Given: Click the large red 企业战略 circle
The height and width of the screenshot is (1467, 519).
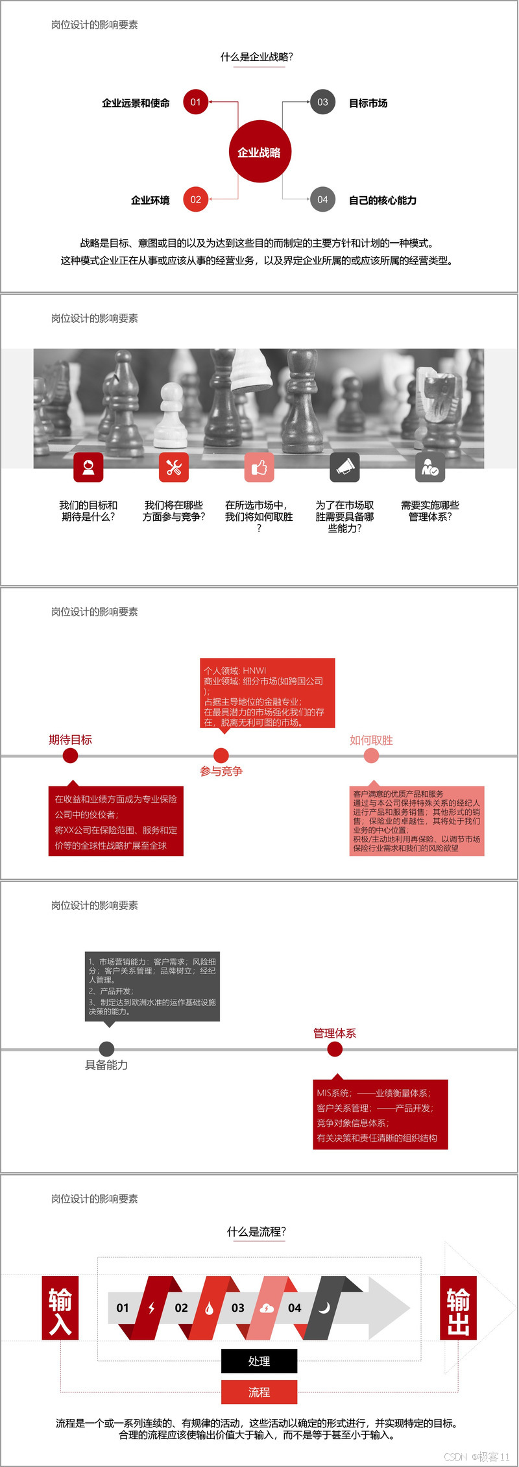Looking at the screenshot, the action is [259, 152].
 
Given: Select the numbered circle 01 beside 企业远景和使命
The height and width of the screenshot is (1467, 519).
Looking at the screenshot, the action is [195, 102].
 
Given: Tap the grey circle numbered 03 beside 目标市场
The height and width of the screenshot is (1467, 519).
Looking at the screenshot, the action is [322, 102].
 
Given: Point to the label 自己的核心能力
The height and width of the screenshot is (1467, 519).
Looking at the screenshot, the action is [383, 200].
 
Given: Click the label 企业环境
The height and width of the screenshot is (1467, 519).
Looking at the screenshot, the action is [150, 200].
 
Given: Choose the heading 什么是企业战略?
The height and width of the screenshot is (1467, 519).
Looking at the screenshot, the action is [257, 57].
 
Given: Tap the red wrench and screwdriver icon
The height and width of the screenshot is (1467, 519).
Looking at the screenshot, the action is [173, 467].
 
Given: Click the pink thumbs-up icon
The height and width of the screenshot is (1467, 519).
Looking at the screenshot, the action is [259, 467].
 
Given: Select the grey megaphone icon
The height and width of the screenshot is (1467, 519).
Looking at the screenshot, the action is [344, 467].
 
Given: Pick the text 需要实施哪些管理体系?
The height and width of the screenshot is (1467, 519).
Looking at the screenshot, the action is [430, 510].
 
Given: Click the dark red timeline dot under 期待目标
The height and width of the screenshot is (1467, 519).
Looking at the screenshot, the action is [70, 755].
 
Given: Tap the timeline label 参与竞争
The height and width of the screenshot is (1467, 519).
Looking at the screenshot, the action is [221, 771].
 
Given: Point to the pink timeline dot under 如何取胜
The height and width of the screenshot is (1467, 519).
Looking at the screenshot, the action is [371, 755].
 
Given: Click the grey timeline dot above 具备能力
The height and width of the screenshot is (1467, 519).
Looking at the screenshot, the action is [106, 1049].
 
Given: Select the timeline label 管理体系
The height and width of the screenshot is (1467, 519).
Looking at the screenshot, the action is [335, 1033].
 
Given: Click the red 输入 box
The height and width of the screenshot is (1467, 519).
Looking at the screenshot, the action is [60, 1308].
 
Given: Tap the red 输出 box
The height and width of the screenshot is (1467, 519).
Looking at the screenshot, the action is [458, 1308].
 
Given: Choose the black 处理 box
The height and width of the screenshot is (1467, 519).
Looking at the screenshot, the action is [259, 1361].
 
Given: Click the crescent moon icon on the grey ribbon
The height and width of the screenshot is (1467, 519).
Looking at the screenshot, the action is [324, 1308].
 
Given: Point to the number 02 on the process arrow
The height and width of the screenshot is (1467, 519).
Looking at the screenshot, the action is [182, 1308].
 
